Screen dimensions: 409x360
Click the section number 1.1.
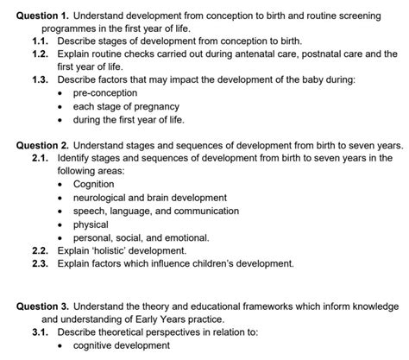pos(42,41)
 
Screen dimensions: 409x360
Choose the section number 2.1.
pos(42,158)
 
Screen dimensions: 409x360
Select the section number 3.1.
pos(42,332)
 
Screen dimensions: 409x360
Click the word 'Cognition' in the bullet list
pos(93,184)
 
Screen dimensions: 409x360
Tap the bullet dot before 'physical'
pos(61,224)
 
